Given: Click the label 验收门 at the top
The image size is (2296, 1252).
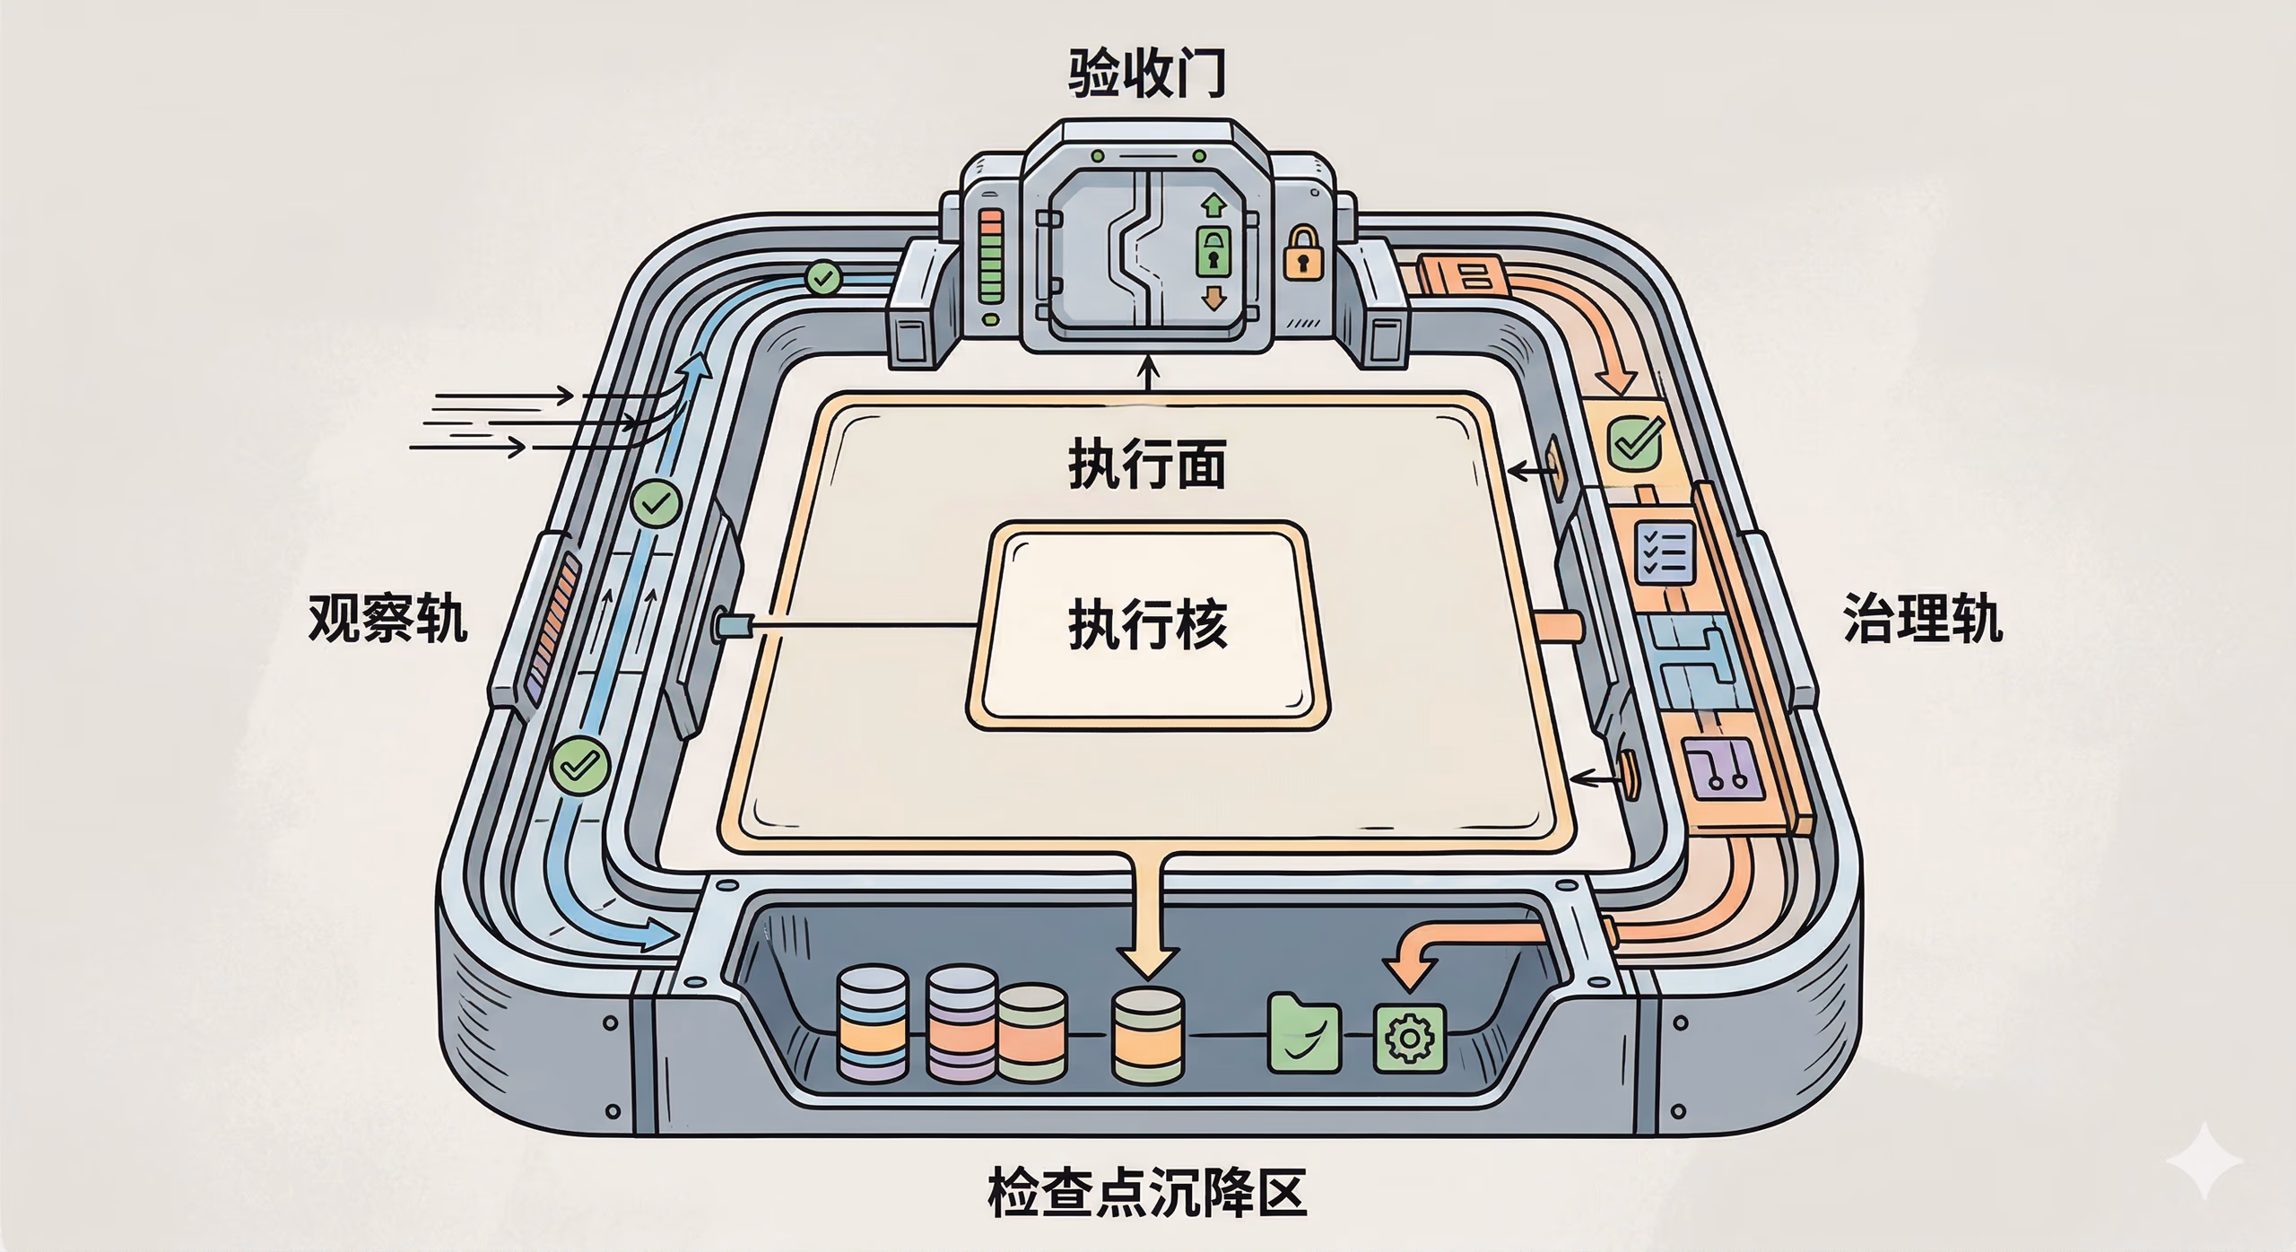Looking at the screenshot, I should point(1146,74).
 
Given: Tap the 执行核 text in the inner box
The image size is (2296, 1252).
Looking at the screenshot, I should point(1147,624).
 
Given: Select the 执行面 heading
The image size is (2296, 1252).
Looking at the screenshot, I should point(1147,464).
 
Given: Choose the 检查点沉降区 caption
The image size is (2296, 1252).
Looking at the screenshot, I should point(1147,1192).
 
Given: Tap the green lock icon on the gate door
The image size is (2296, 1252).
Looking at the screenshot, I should point(1213,251).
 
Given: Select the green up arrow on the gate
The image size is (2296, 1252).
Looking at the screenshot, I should point(1213,205).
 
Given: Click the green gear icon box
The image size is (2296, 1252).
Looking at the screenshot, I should point(1409,1039).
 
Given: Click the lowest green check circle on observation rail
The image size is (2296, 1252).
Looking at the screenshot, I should point(580,765).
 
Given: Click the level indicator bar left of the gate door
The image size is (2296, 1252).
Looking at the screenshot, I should point(991,255).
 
